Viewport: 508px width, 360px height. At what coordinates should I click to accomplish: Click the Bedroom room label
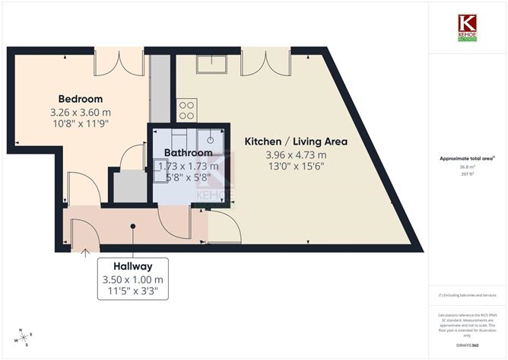(x=81, y=99)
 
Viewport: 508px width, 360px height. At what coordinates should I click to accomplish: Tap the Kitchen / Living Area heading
(x=295, y=142)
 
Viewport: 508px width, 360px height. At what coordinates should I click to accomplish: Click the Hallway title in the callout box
(x=133, y=266)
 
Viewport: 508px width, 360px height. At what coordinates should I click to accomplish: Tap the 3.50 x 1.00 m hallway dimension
(x=133, y=279)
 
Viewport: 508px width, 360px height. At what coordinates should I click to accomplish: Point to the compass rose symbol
(x=24, y=336)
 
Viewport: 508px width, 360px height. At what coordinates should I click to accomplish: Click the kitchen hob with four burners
(x=186, y=110)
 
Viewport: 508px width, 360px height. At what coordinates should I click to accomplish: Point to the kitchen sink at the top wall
(x=213, y=65)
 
